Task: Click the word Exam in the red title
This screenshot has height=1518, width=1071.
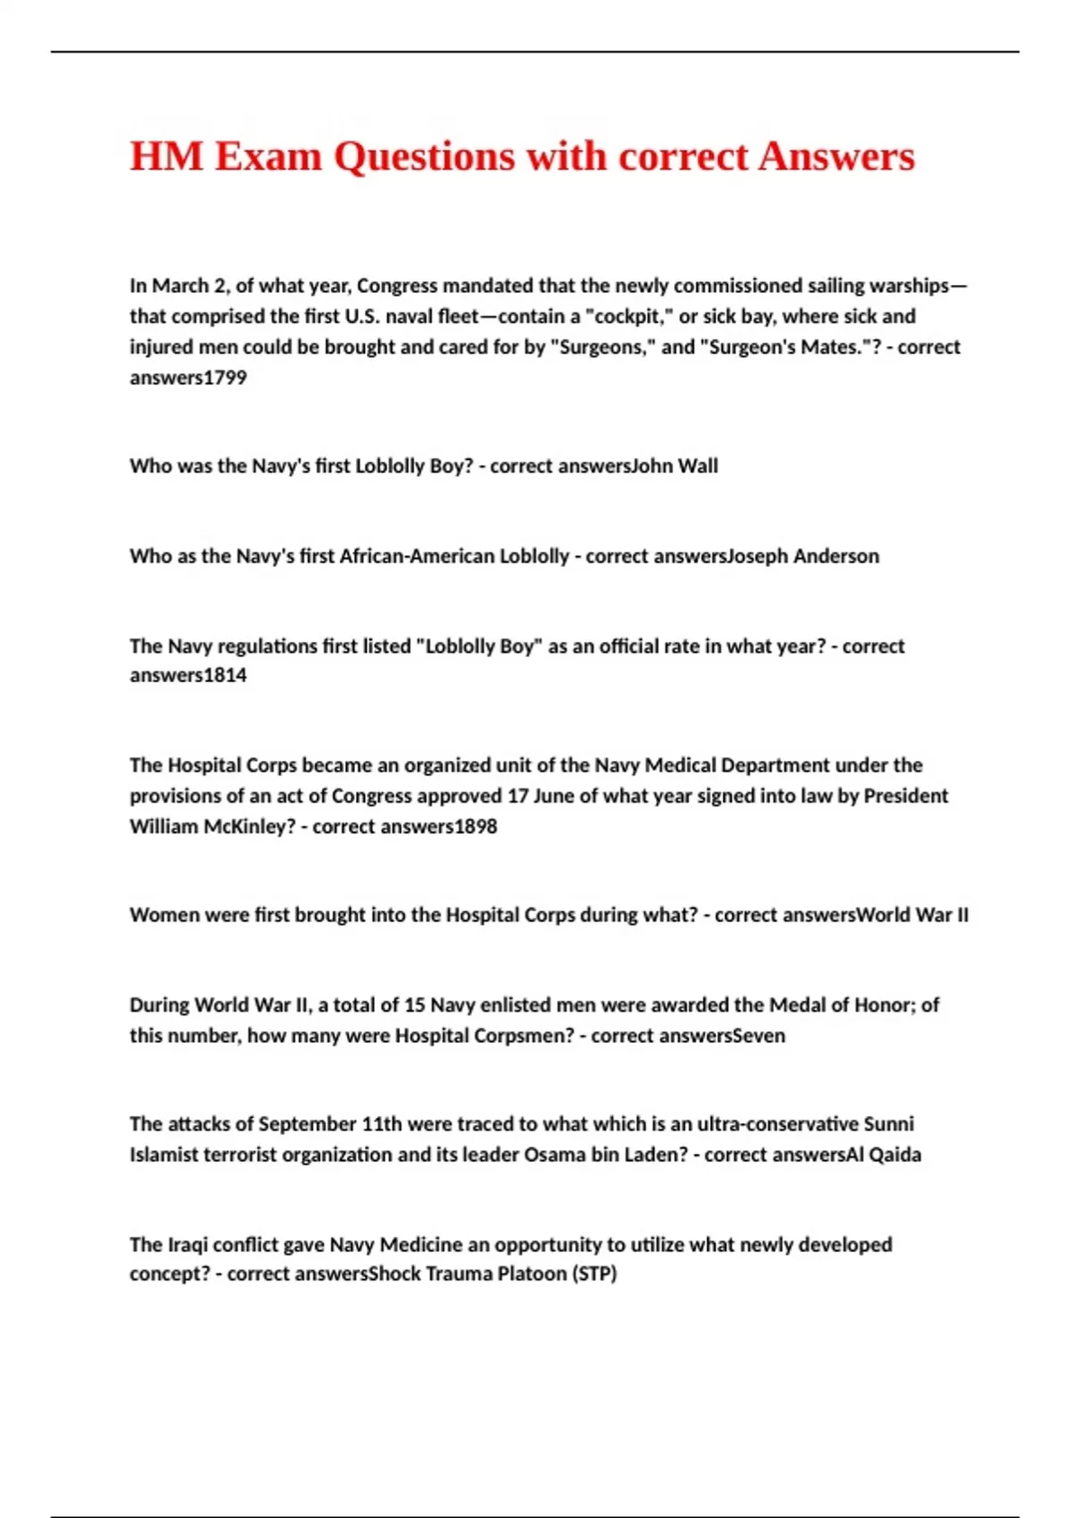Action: [268, 156]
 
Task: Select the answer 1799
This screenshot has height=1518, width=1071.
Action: [226, 378]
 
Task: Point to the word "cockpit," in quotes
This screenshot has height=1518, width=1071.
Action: [629, 316]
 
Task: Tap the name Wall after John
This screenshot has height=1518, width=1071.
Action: [699, 466]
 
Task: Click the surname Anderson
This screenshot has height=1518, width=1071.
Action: [836, 556]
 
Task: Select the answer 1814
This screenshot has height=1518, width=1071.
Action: [226, 675]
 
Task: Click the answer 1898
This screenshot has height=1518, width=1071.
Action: [476, 826]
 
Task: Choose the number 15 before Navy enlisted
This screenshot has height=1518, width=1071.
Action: [414, 1005]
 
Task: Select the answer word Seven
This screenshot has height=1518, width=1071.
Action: [759, 1036]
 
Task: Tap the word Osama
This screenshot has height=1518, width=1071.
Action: [554, 1155]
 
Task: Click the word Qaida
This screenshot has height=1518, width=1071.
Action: [895, 1155]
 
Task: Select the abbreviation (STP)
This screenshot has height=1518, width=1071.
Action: [594, 1274]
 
